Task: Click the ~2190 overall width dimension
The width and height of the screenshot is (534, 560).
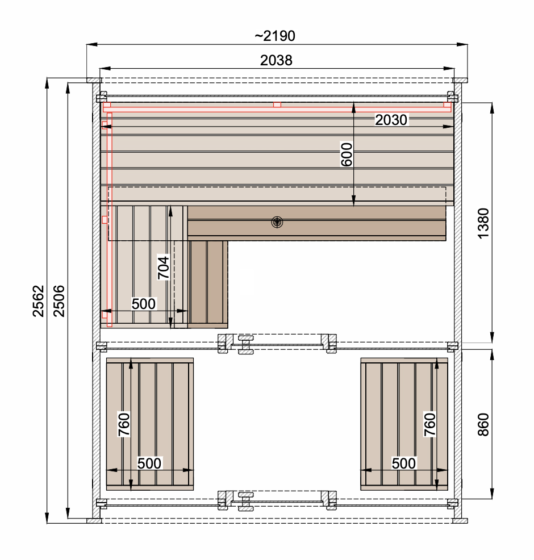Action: click(x=275, y=36)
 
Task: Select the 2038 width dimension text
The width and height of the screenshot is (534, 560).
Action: click(x=276, y=60)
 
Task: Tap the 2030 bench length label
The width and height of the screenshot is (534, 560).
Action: click(x=391, y=120)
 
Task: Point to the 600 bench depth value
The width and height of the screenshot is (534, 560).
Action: click(x=347, y=154)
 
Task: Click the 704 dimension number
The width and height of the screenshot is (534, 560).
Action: click(x=163, y=268)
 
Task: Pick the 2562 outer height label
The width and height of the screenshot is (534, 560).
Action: click(x=38, y=301)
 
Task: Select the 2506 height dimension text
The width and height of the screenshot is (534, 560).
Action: click(x=59, y=301)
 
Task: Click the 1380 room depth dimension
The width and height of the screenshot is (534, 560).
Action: click(x=483, y=224)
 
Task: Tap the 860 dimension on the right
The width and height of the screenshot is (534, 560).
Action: click(x=483, y=425)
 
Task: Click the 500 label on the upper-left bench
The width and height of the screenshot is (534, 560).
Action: click(x=144, y=304)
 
